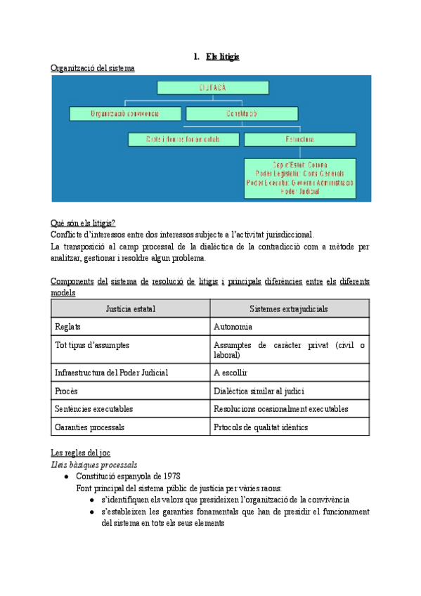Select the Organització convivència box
click(125, 114)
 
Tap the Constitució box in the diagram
click(241, 114)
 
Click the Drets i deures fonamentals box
click(183, 139)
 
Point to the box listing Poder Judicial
click(300, 178)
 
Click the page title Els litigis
click(222, 56)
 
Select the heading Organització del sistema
click(93, 68)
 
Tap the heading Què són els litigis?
click(83, 223)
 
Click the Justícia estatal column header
click(131, 309)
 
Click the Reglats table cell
click(67, 327)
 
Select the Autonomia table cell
click(233, 327)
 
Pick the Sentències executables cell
click(93, 409)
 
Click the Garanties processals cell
click(89, 427)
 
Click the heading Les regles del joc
click(80, 453)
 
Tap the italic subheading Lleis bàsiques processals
click(93, 464)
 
